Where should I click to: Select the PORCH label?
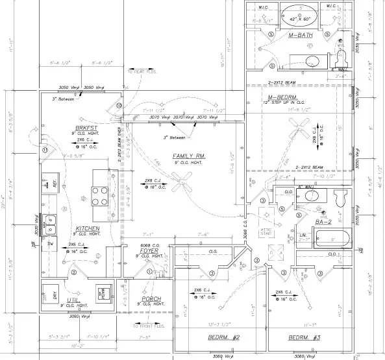pyautogui.click(x=151, y=299)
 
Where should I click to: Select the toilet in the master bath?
pyautogui.click(x=342, y=60)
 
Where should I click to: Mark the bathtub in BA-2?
pyautogui.click(x=334, y=239)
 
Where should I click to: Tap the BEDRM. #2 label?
pyautogui.click(x=207, y=338)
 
